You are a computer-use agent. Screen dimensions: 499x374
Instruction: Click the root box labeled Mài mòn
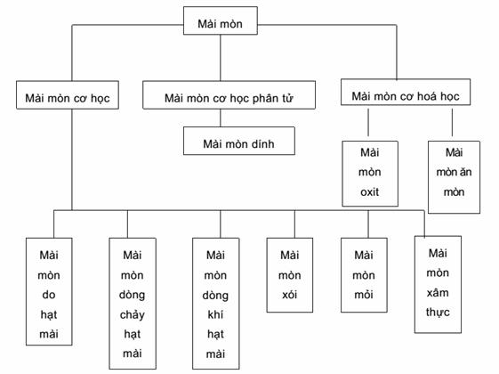tap(221, 20)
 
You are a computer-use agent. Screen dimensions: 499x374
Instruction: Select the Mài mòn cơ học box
tap(68, 95)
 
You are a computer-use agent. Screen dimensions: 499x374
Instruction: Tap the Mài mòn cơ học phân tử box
tap(229, 95)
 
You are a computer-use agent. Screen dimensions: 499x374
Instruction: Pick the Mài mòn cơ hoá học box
tap(406, 93)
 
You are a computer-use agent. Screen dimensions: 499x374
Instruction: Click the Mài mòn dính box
tap(239, 141)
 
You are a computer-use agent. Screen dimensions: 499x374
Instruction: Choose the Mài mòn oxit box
tap(370, 174)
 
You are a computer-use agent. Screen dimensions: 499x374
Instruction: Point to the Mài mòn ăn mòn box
tap(454, 177)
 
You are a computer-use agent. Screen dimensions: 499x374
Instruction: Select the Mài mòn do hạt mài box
tap(49, 291)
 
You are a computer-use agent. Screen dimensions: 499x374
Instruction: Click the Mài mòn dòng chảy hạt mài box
tap(133, 304)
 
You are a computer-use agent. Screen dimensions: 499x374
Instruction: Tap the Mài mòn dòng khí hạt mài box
tap(216, 304)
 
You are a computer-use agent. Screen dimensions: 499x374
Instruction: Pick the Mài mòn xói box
tap(290, 275)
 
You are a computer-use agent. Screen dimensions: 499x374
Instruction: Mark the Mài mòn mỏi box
tap(364, 275)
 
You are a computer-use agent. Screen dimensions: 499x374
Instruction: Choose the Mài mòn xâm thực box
tap(438, 284)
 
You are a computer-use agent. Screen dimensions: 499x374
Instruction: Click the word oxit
tap(370, 192)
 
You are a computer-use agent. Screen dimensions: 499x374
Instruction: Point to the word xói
tap(290, 295)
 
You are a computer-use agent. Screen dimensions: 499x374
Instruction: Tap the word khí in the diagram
tap(216, 314)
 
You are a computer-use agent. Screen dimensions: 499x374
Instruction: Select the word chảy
tap(133, 315)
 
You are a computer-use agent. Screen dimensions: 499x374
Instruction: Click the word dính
tap(262, 144)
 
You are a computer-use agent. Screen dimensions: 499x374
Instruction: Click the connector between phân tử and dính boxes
tap(221, 118)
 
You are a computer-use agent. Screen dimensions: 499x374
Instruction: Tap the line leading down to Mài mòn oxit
tap(368, 122)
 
